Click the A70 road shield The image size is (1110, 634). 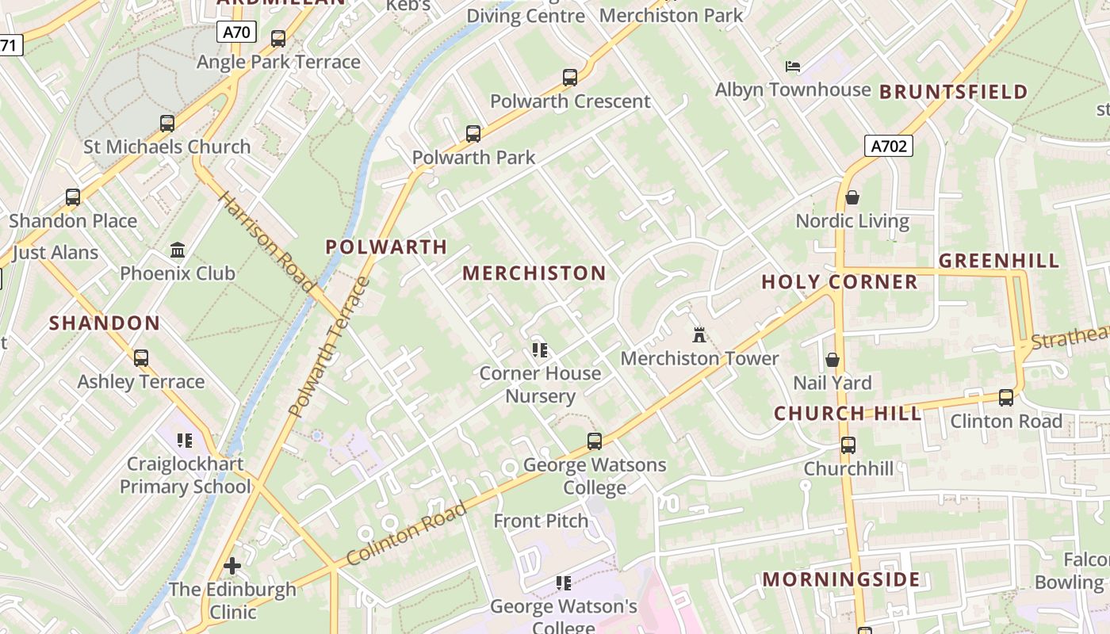(x=235, y=32)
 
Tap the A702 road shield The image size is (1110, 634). (x=888, y=146)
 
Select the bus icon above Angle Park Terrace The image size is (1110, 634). (x=278, y=39)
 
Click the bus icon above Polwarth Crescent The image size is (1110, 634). (x=570, y=78)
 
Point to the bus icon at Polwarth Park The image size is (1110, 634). (x=473, y=134)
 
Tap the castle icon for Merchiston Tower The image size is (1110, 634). (x=699, y=334)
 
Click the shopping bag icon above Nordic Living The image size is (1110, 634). (x=852, y=197)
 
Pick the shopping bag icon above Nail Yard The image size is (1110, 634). (x=832, y=360)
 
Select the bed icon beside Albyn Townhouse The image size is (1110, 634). (x=793, y=66)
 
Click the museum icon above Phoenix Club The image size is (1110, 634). (x=178, y=250)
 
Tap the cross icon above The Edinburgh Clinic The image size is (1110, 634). (x=232, y=566)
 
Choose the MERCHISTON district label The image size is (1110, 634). (x=534, y=273)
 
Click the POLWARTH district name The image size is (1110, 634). (x=387, y=246)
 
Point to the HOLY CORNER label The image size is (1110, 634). (x=840, y=282)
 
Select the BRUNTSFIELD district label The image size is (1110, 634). (x=954, y=92)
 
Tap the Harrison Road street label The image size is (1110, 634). (x=266, y=241)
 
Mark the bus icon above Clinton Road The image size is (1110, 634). (x=1006, y=398)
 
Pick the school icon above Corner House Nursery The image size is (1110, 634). (x=541, y=349)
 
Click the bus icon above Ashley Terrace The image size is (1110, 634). (x=141, y=358)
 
